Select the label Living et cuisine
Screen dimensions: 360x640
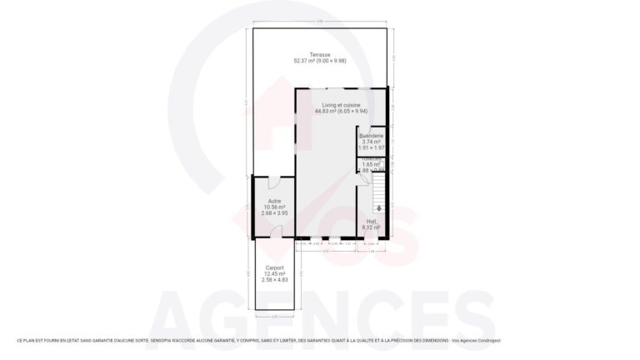[342, 105]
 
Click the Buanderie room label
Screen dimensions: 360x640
[371, 136]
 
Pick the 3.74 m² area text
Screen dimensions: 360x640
[371, 142]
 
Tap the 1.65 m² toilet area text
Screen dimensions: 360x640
[372, 165]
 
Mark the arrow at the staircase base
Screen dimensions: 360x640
[380, 207]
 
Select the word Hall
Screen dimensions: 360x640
[371, 221]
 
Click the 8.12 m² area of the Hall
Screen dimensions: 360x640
[371, 227]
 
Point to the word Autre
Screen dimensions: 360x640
[274, 201]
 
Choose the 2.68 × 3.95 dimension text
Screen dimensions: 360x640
[274, 213]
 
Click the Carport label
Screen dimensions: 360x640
[274, 267]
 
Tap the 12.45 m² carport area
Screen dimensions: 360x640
[274, 273]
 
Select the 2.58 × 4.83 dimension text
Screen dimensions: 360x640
[274, 280]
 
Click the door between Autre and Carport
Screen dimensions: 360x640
[274, 235]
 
